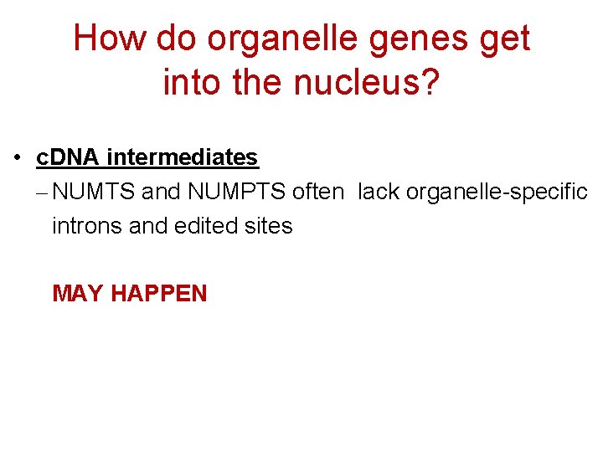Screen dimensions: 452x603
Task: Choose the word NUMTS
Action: (x=93, y=193)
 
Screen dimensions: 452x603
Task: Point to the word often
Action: (x=317, y=193)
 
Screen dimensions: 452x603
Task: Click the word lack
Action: (x=379, y=193)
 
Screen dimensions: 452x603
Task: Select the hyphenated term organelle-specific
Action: (x=497, y=193)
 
